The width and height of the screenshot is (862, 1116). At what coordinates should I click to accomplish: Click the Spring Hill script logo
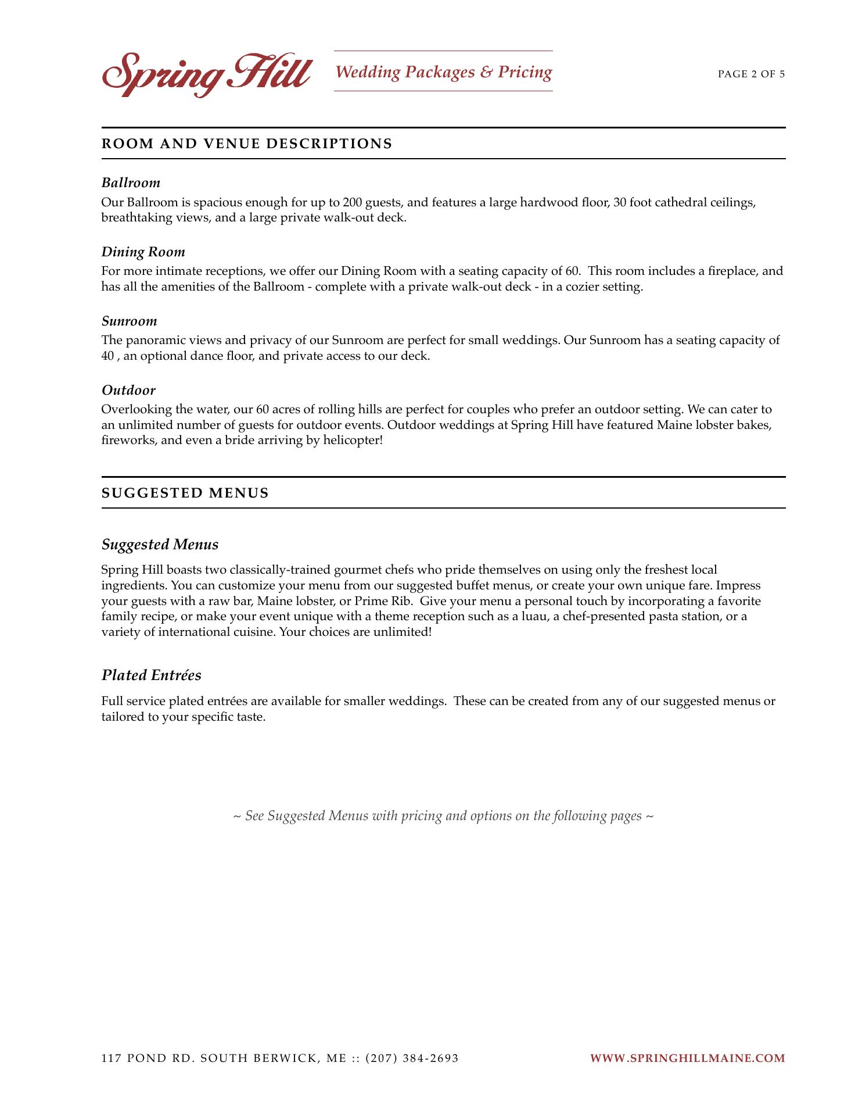[x=206, y=74]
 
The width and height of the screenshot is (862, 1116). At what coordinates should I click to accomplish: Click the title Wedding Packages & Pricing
[x=443, y=72]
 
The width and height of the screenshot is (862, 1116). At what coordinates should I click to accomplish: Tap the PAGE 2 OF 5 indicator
[x=751, y=74]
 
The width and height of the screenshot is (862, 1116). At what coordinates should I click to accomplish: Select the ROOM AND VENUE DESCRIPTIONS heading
[x=247, y=144]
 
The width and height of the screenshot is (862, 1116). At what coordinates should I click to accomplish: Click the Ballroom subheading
[x=131, y=183]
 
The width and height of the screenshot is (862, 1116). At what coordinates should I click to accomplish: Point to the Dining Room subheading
[x=143, y=252]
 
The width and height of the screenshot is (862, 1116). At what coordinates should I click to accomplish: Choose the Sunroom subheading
[x=129, y=321]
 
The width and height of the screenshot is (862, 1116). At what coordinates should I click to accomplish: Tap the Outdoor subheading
[x=128, y=391]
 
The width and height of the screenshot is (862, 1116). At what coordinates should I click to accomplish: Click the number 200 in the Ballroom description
[x=352, y=203]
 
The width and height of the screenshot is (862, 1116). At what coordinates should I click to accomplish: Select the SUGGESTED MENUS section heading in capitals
[x=185, y=493]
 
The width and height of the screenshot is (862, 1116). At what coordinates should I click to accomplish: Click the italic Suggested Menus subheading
[x=160, y=545]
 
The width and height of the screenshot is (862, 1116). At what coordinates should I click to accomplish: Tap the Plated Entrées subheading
[x=151, y=675]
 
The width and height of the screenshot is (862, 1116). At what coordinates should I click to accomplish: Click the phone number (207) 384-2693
[x=412, y=1058]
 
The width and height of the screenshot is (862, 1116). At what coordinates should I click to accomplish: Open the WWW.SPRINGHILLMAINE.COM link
[x=687, y=1058]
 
